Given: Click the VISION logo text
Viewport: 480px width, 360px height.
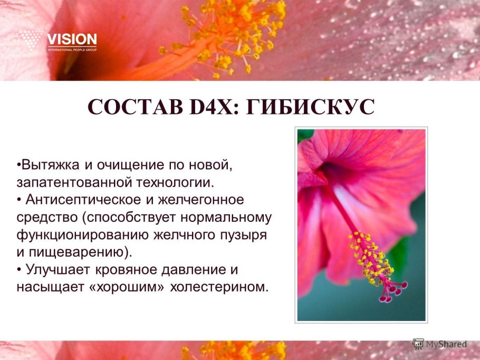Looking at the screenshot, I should click(x=72, y=40).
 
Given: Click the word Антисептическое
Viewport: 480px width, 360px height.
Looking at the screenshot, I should click(x=90, y=200).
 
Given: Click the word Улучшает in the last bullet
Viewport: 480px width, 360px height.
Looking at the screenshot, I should click(x=57, y=270).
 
